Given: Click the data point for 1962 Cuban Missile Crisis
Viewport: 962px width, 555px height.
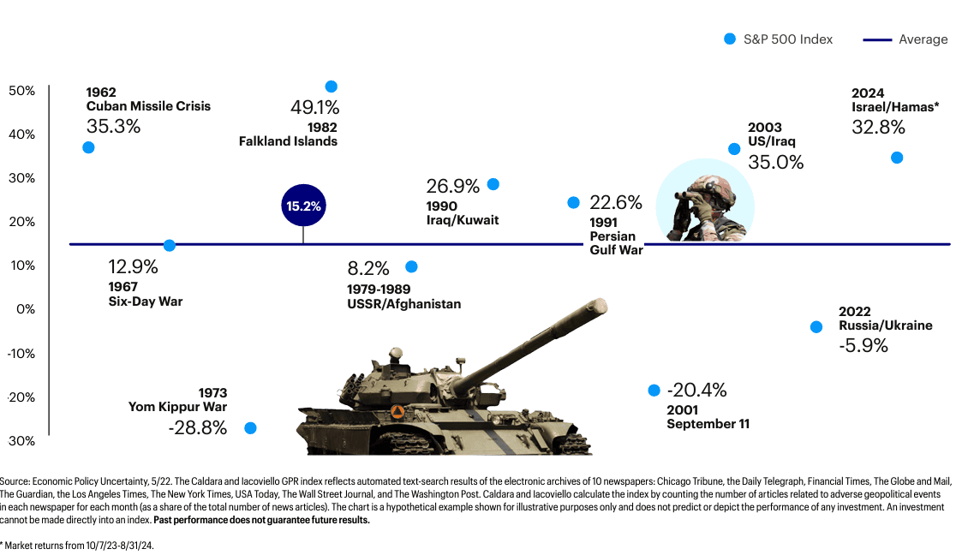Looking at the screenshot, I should click(x=88, y=147).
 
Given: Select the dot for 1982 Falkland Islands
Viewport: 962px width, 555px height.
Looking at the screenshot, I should click(x=332, y=87).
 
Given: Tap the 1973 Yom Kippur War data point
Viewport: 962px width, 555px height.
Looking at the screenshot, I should click(x=250, y=427).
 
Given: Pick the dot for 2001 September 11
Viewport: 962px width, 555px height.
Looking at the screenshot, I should click(x=654, y=391).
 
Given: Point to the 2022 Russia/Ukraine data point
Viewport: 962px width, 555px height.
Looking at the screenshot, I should click(x=816, y=327).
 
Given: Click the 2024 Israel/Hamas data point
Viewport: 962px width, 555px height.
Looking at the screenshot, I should click(x=897, y=158).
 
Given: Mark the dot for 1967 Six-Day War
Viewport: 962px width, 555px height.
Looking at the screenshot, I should click(x=170, y=246).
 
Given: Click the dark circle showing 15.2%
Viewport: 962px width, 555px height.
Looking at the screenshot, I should click(x=304, y=206).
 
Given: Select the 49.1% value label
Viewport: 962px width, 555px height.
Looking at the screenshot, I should click(x=315, y=108).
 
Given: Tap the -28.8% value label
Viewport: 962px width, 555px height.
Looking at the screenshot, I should click(x=198, y=427).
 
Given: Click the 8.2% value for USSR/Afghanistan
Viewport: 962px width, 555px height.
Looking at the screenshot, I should click(x=368, y=267).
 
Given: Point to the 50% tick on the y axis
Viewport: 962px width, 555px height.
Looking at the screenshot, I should click(x=22, y=91).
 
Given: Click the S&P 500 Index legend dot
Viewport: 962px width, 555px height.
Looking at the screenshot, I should click(x=730, y=39).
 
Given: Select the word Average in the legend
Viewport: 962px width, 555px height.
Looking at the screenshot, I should click(x=923, y=39).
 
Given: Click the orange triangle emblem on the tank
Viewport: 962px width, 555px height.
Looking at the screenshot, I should click(x=397, y=411).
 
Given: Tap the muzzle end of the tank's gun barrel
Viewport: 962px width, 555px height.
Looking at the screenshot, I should click(x=600, y=305).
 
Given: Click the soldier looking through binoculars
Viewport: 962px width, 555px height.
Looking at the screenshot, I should click(x=705, y=208).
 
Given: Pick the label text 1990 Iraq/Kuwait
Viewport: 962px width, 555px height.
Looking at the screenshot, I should click(x=462, y=213).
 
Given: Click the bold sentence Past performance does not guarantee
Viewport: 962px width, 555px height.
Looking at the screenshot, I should click(x=261, y=520).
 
